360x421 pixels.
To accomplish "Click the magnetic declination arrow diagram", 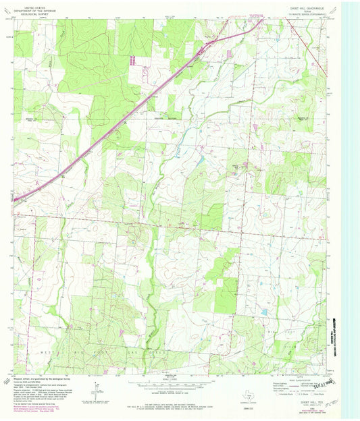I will tap(95, 389).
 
